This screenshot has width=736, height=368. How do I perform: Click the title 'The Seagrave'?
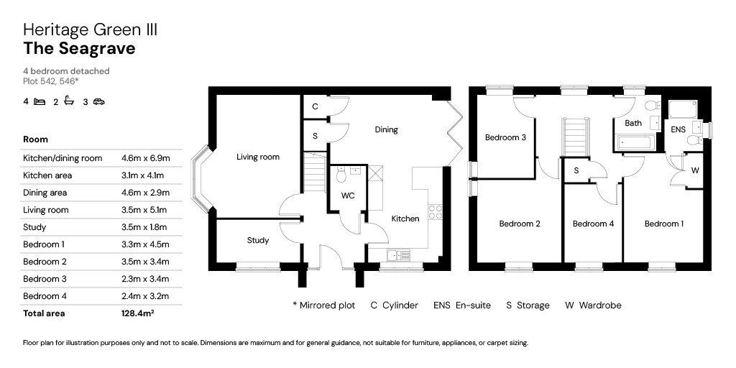(x=79, y=48)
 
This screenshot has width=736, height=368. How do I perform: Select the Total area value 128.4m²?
(x=137, y=313)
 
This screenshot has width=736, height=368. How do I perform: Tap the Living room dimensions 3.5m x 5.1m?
(x=144, y=210)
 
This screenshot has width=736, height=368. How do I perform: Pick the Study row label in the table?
(x=34, y=227)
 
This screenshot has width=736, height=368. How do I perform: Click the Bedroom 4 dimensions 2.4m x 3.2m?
(x=145, y=295)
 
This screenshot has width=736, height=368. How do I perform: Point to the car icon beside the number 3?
(x=98, y=101)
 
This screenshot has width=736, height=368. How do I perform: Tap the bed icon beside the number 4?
(x=40, y=101)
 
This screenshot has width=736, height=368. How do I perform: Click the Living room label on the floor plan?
(x=258, y=157)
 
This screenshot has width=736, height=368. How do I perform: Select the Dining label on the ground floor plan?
(x=386, y=129)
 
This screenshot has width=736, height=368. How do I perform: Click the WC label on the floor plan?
(x=348, y=195)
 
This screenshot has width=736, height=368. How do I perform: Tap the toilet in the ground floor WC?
(x=341, y=175)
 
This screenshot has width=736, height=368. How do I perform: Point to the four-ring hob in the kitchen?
(x=435, y=212)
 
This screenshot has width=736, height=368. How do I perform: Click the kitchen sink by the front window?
(x=398, y=255)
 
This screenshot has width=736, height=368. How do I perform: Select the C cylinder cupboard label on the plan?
(x=315, y=106)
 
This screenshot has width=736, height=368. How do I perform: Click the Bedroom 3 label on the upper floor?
(x=505, y=137)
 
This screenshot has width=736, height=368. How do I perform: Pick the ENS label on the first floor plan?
(x=678, y=129)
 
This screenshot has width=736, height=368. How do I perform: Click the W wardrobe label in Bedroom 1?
(x=695, y=171)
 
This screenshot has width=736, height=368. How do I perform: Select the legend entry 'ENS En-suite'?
(x=462, y=305)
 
